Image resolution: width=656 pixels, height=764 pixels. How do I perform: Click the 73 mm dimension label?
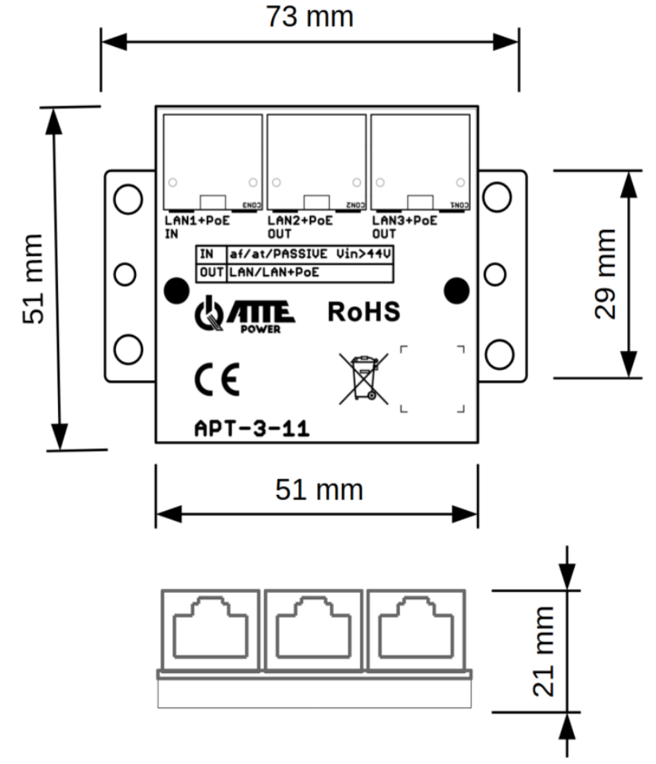(x=309, y=17)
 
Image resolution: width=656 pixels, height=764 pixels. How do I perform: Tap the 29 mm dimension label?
(x=607, y=273)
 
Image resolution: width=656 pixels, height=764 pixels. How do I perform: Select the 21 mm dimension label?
(x=544, y=651)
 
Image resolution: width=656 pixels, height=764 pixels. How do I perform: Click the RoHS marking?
(x=363, y=312)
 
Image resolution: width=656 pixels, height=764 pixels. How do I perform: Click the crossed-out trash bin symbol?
(x=364, y=376)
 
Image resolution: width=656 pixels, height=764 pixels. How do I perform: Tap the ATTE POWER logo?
(x=246, y=315)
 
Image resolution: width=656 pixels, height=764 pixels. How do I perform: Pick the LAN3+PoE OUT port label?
(x=404, y=227)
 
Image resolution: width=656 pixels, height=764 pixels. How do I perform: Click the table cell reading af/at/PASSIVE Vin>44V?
(x=311, y=255)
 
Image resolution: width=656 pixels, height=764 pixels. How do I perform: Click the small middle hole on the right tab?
(x=495, y=275)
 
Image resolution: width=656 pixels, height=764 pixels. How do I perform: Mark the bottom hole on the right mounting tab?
(x=499, y=353)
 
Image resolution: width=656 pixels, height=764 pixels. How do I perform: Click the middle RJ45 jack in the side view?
(x=313, y=627)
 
